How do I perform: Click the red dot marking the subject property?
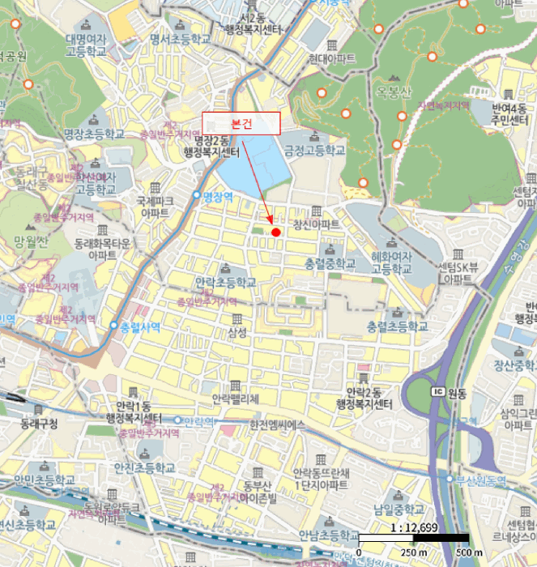point(275,232)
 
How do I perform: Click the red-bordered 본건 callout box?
point(241,123)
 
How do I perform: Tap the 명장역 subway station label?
point(217,196)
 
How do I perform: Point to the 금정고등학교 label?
point(314,151)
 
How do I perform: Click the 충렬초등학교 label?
point(397,326)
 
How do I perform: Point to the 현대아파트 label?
point(331,59)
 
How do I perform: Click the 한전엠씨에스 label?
point(277,424)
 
